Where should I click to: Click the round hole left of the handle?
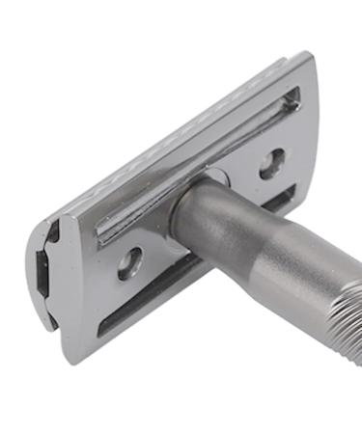click(130, 262)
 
